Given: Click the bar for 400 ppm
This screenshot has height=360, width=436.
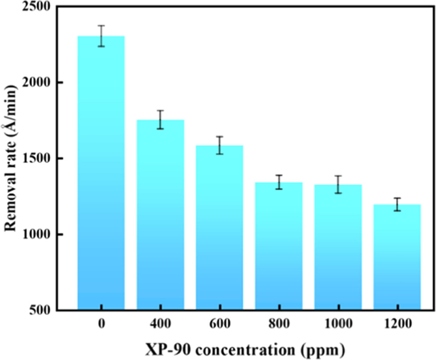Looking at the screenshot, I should tap(161, 215).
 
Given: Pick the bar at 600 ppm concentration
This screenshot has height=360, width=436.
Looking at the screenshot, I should tap(219, 228).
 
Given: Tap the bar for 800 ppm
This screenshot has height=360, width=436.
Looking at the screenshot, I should tap(279, 246).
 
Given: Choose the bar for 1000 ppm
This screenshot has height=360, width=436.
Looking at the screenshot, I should tap(338, 248).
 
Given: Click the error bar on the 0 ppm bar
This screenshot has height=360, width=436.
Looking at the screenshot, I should tap(101, 36).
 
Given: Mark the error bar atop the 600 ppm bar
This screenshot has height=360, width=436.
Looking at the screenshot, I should tap(219, 145).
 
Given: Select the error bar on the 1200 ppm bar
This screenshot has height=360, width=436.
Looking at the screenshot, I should tap(397, 204).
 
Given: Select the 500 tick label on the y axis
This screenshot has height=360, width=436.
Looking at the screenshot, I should tap(43, 310).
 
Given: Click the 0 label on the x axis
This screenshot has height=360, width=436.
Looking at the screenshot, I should tap(101, 325).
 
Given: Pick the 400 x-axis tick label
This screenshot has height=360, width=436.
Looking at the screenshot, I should tap(161, 325).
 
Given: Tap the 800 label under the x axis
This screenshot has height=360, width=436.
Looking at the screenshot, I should tap(279, 325).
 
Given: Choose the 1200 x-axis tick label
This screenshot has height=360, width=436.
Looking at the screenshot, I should tap(397, 325).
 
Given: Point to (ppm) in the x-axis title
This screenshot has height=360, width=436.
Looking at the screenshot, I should tap(323, 350).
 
